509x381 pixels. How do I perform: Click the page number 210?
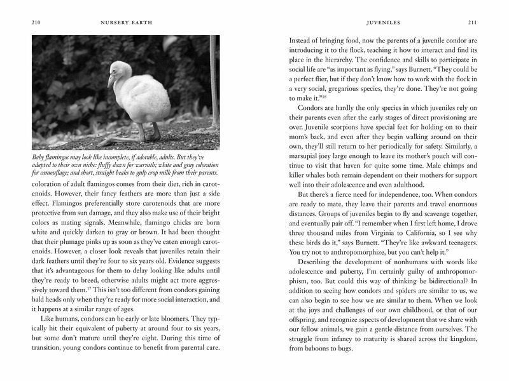[x=36, y=22]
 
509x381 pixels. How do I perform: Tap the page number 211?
[x=472, y=22]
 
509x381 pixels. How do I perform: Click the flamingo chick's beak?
[x=111, y=81]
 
